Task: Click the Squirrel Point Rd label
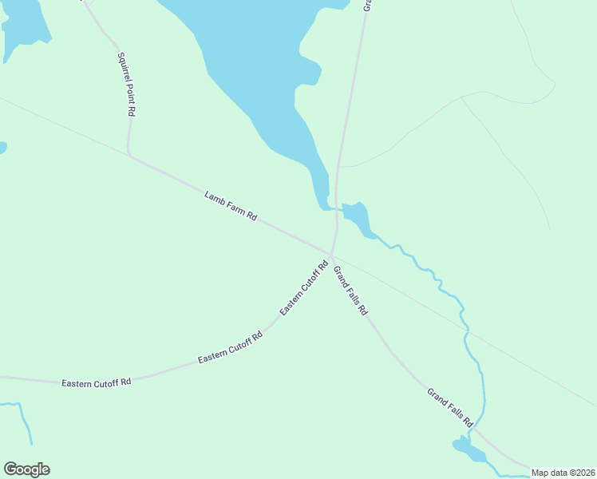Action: tap(125, 85)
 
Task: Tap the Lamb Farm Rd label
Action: tap(231, 205)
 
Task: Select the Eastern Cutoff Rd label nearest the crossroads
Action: tap(304, 287)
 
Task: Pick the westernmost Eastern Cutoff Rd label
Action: tap(96, 383)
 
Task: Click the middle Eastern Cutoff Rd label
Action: tap(230, 349)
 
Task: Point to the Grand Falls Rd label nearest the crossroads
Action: tap(350, 289)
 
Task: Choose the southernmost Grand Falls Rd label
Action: tap(450, 406)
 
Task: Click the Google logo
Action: tap(26, 469)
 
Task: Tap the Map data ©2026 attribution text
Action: tap(563, 473)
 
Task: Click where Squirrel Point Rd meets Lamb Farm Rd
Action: tap(128, 154)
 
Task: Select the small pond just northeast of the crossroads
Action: tap(356, 216)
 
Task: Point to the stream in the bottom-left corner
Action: tap(24, 419)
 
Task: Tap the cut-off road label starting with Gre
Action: tap(368, 5)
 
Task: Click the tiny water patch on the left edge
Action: tap(2, 148)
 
